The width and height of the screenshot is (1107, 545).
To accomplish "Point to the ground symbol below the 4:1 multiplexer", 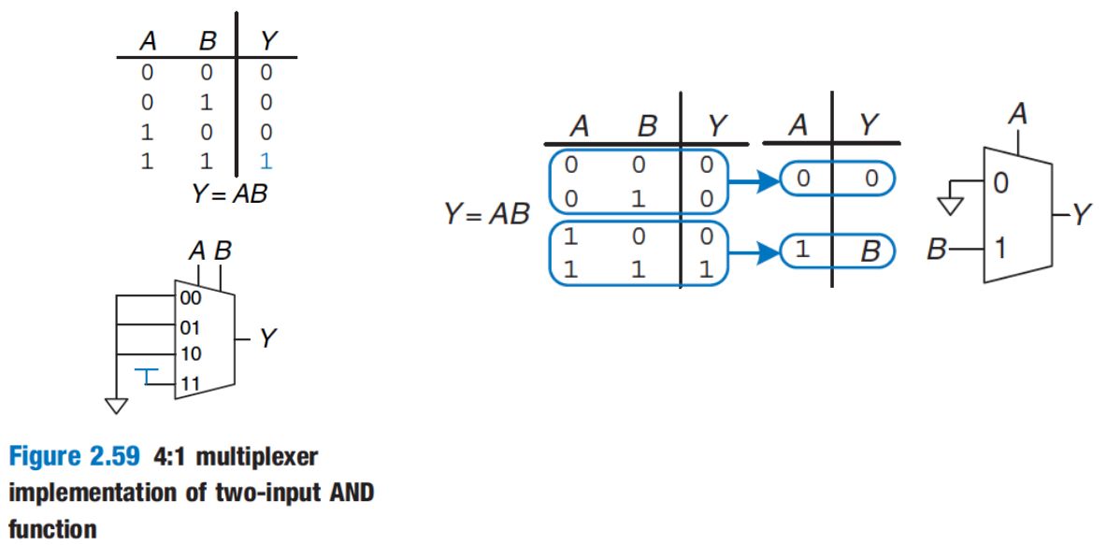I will pos(117,405).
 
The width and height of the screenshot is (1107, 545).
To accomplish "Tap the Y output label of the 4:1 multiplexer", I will pos(268,338).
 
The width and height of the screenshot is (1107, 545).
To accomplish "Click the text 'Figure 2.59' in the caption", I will pos(63,458).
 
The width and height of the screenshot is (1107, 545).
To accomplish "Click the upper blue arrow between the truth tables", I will pos(756,181).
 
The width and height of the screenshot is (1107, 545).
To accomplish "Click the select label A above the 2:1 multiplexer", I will pos(1018,115).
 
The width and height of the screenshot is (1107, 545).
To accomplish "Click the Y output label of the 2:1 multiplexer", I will pos(1081,217).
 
